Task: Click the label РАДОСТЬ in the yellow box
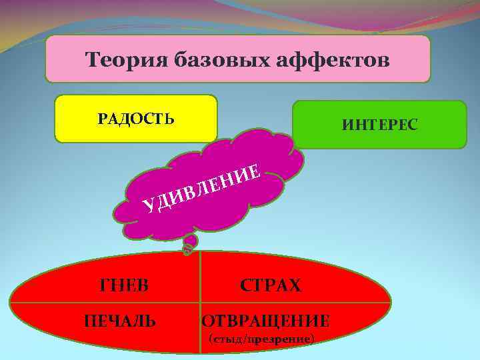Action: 136,119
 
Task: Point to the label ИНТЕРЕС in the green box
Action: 380,124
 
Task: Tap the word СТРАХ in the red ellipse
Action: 271,286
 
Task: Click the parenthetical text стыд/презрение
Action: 261,339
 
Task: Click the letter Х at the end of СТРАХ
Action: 295,286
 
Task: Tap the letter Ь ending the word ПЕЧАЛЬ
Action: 151,321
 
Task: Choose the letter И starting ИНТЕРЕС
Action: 347,124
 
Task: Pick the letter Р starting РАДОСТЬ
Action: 102,119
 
